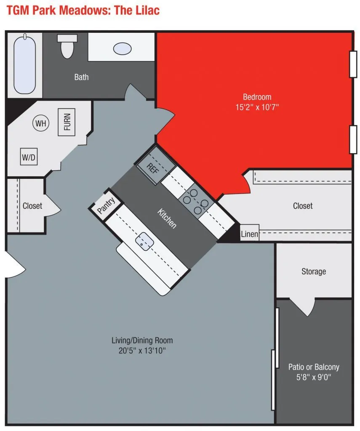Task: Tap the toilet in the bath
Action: (67, 46)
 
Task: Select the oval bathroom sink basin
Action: (122, 48)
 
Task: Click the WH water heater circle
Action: (41, 123)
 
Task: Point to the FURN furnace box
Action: (67, 122)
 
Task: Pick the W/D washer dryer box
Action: (29, 158)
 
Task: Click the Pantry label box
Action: (106, 206)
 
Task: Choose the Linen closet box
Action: (249, 234)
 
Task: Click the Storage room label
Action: (313, 271)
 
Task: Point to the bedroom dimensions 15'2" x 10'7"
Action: (257, 107)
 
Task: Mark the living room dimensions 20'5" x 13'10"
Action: (142, 351)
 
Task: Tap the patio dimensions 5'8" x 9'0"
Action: (314, 378)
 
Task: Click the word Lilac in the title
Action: (145, 10)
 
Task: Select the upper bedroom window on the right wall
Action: (353, 64)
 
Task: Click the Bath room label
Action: (81, 77)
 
